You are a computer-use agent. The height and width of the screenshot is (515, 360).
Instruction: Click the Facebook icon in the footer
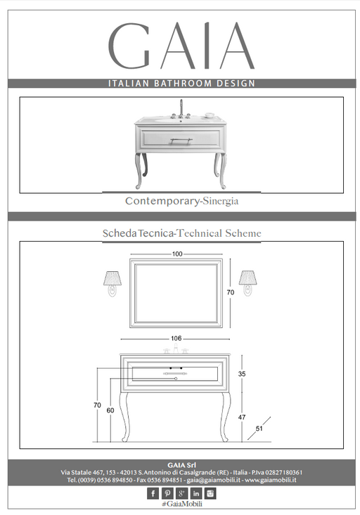(153, 493)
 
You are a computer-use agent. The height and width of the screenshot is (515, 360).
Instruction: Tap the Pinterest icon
(167, 493)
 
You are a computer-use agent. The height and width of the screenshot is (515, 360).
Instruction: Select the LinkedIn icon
(196, 493)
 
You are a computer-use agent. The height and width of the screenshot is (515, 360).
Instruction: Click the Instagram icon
(210, 493)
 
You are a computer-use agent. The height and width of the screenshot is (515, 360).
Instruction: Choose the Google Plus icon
(181, 493)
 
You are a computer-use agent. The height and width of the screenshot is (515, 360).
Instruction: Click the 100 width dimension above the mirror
(177, 254)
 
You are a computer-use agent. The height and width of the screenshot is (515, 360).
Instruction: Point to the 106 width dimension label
(176, 338)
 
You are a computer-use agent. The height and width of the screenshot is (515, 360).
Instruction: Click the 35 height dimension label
(242, 374)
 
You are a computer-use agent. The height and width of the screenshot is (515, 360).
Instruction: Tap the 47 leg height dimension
(242, 417)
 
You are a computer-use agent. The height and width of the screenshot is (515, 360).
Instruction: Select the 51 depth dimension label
(259, 429)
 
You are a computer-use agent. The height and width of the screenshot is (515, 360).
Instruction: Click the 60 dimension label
(110, 410)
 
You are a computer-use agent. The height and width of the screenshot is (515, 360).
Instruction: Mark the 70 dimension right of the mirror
(231, 292)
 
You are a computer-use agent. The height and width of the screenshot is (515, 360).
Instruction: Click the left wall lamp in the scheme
(112, 283)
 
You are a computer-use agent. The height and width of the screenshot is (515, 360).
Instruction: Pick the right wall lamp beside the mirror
(248, 283)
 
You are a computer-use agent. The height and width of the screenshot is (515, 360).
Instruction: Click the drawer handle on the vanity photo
(181, 141)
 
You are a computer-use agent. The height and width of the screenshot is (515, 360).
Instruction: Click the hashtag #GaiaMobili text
(182, 504)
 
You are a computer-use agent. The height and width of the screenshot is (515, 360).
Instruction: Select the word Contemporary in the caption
(162, 201)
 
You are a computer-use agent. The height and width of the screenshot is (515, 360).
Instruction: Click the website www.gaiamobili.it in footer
(271, 480)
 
